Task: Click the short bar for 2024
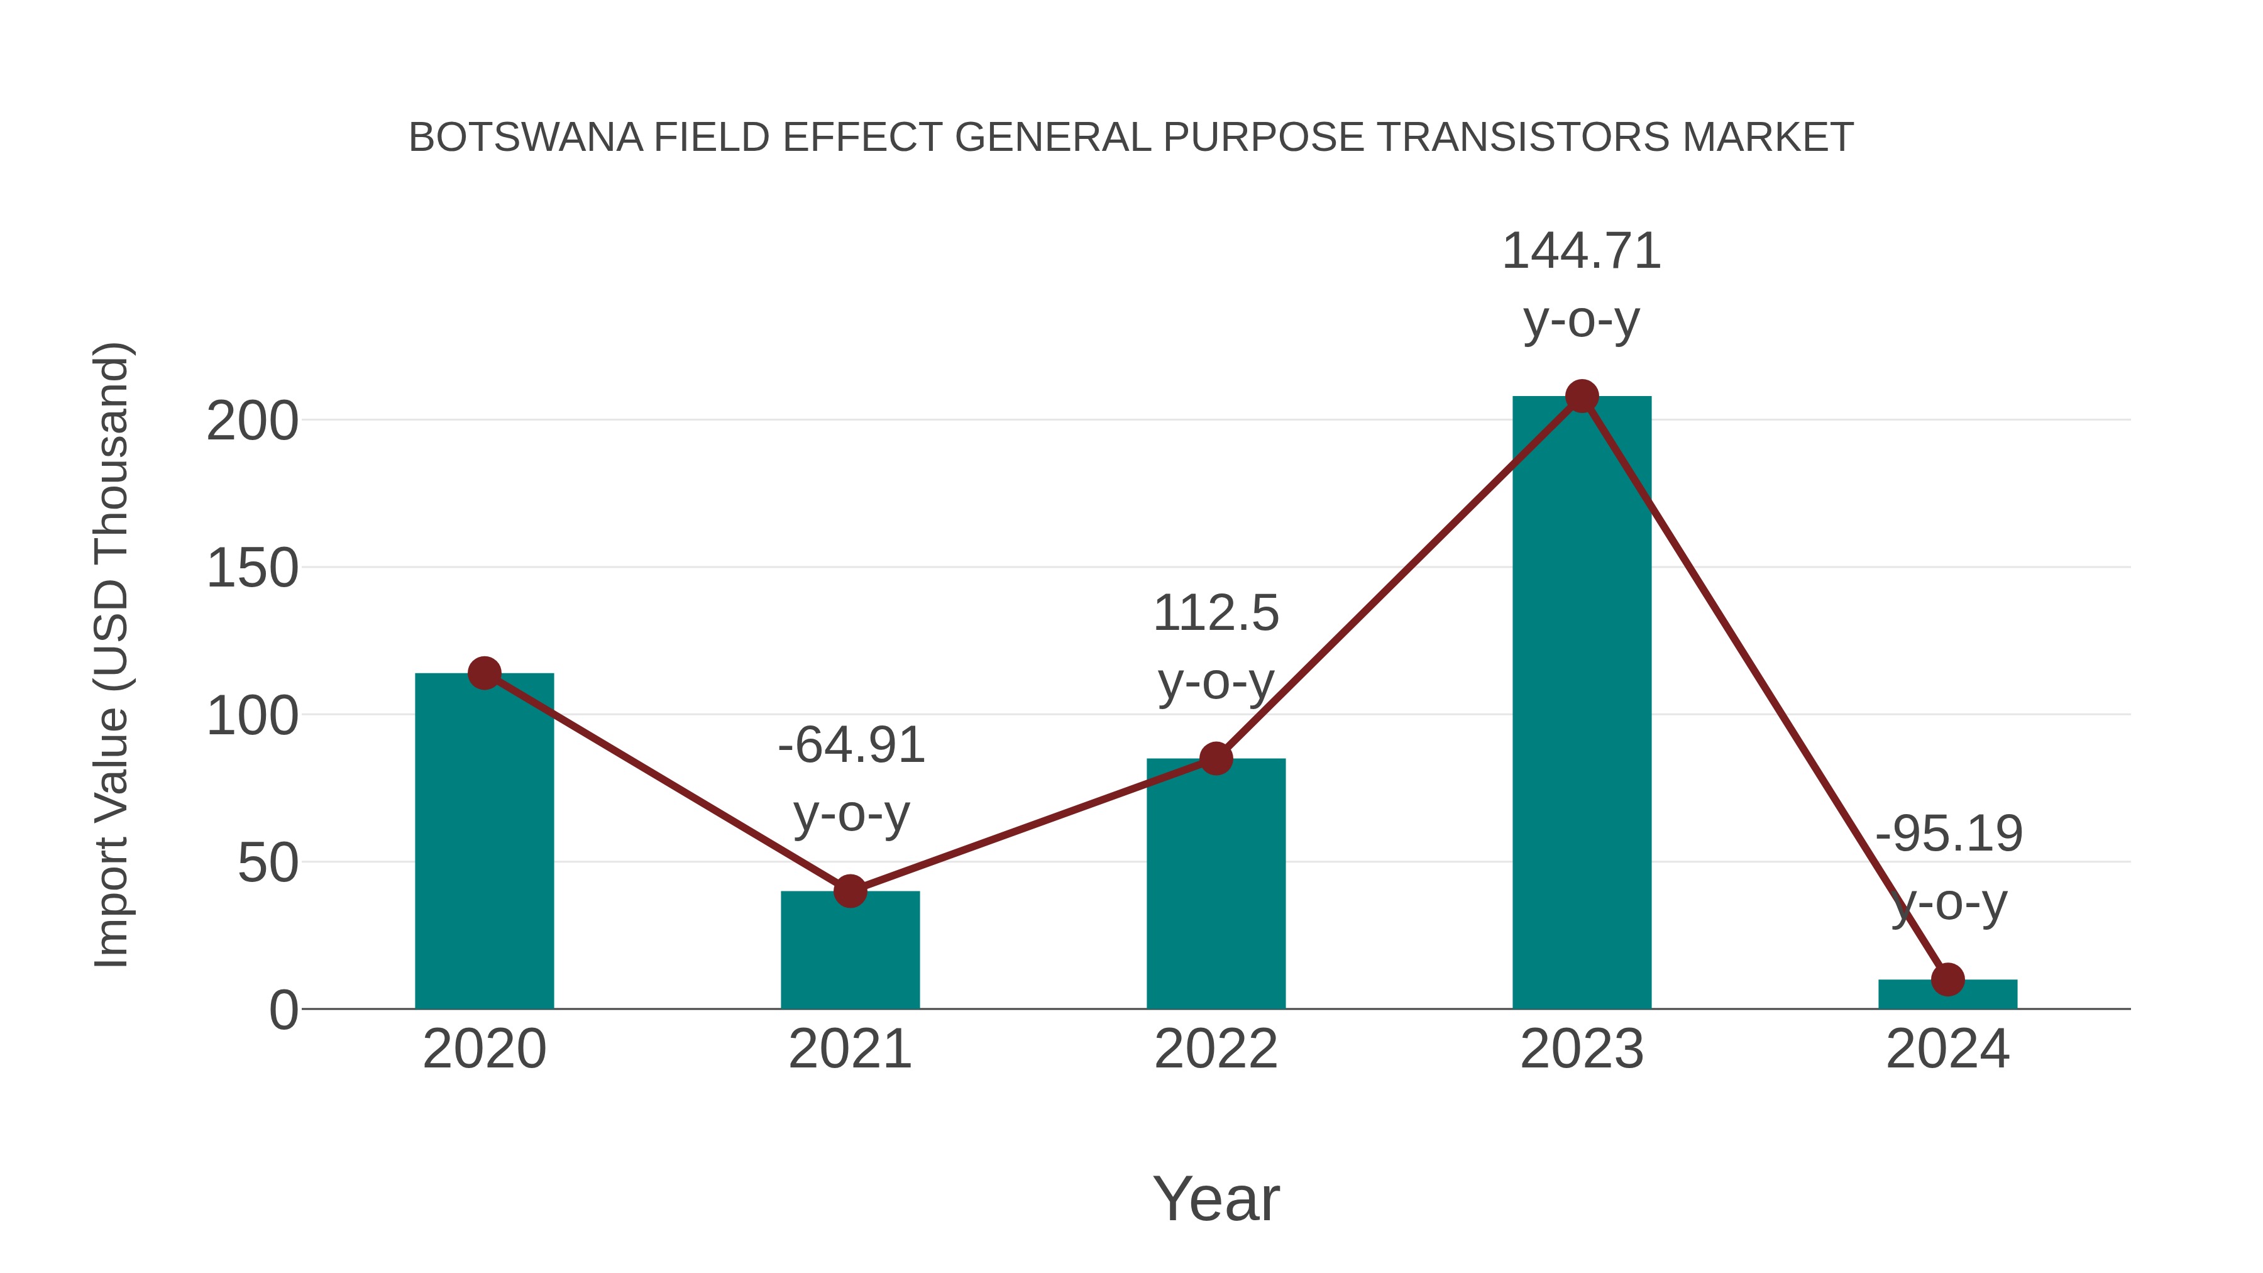tap(1947, 995)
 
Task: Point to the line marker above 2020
tap(484, 674)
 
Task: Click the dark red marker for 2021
tap(849, 891)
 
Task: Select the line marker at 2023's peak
tap(1582, 397)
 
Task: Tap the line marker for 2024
tap(1947, 979)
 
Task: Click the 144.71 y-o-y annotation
tap(1582, 285)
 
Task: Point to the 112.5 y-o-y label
tap(1216, 647)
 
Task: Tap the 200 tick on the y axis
tap(252, 422)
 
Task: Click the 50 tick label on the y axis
tap(268, 864)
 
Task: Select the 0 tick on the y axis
tap(284, 1010)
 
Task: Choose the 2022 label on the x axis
tap(1216, 1049)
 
